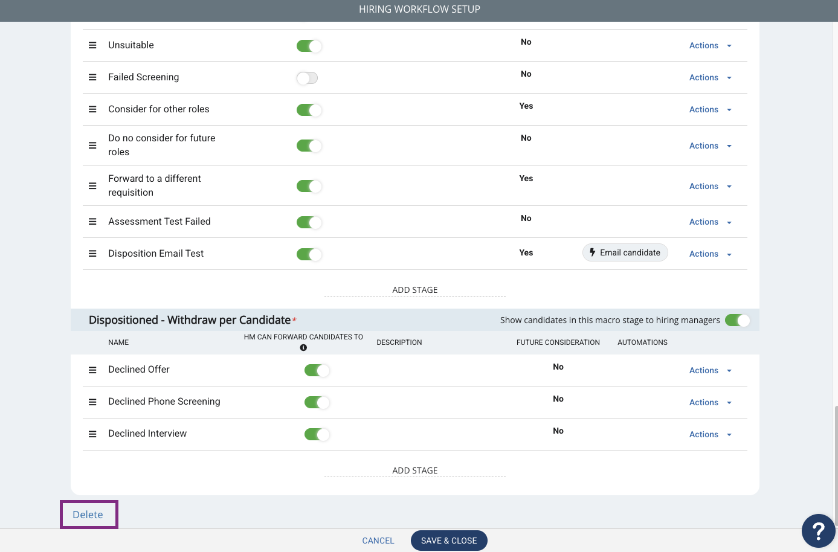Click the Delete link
pyautogui.click(x=88, y=515)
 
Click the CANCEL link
pyautogui.click(x=378, y=541)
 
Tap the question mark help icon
pyautogui.click(x=818, y=531)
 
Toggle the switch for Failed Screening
pyautogui.click(x=307, y=78)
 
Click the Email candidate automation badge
pyautogui.click(x=625, y=252)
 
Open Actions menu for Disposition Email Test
pyautogui.click(x=710, y=254)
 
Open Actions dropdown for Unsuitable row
pyautogui.click(x=710, y=45)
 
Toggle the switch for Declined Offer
pyautogui.click(x=317, y=370)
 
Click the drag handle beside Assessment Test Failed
pyautogui.click(x=92, y=222)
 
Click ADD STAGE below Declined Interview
pyautogui.click(x=415, y=470)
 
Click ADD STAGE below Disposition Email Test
pyautogui.click(x=415, y=289)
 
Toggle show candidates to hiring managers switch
pyautogui.click(x=737, y=320)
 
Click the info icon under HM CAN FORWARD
pyautogui.click(x=303, y=348)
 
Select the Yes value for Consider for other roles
pyautogui.click(x=526, y=106)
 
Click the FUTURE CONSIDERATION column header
pyautogui.click(x=558, y=342)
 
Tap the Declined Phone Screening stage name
pyautogui.click(x=164, y=401)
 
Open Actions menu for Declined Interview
pyautogui.click(x=710, y=434)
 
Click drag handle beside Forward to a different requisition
pyautogui.click(x=92, y=186)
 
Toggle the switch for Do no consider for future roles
pyautogui.click(x=309, y=146)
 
